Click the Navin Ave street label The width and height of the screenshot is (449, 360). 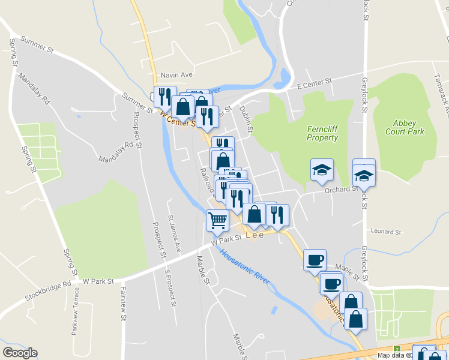pos(176,75)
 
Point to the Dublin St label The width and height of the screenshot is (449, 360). pos(247,121)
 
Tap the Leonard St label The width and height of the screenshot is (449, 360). pos(385,232)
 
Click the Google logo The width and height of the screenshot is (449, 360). pos(20,353)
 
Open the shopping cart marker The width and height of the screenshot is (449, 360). pos(217,220)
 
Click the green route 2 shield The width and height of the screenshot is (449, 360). pos(396,349)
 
